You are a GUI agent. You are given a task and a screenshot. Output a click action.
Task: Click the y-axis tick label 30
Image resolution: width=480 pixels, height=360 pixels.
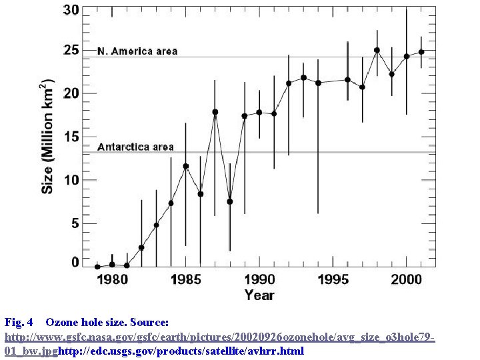[71, 11]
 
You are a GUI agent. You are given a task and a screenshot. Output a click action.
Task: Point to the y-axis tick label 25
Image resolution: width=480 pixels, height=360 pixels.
[71, 51]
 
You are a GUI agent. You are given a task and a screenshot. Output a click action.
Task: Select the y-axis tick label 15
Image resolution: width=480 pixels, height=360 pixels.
[71, 137]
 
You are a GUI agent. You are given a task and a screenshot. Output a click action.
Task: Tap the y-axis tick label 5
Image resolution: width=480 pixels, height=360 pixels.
[75, 223]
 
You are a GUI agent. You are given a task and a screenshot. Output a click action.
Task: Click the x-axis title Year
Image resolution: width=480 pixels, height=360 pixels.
[259, 295]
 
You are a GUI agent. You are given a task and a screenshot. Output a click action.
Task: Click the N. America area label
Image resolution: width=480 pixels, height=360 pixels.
[137, 51]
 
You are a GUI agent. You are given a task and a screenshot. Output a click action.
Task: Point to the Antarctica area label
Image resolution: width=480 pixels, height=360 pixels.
[135, 147]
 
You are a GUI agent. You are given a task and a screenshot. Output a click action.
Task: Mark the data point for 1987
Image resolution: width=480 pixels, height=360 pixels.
[215, 112]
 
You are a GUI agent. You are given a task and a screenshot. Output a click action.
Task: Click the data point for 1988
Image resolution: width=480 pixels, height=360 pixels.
[229, 201]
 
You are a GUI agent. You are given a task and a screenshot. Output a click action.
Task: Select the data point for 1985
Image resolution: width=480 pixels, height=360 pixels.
[186, 166]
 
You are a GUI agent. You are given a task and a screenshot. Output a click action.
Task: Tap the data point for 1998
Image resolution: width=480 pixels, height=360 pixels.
[377, 50]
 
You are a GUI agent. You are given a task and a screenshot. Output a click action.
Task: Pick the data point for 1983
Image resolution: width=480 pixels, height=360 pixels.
[156, 225]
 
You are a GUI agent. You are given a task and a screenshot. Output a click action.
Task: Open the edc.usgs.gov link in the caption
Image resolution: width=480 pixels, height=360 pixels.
[181, 351]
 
